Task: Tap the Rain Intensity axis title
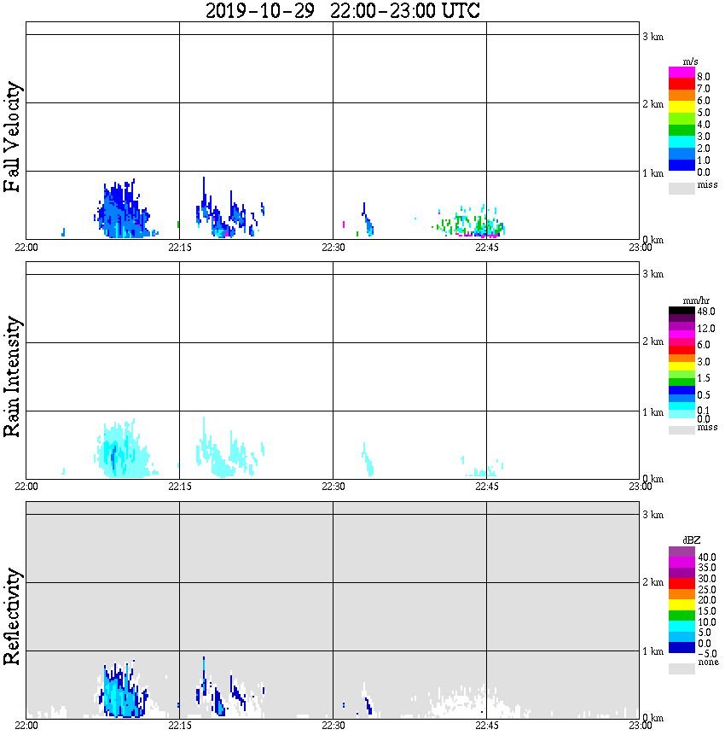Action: [x=12, y=376]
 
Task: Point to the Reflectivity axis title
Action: [x=12, y=619]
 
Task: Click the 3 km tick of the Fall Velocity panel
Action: [x=652, y=35]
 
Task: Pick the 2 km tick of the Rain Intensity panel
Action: [x=652, y=342]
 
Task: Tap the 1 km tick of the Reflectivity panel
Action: [x=652, y=651]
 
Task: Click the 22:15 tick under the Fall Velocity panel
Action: [x=179, y=247]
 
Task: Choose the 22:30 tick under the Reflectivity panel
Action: [x=333, y=726]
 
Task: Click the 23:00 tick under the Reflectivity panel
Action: [x=640, y=726]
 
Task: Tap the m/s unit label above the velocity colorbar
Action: [x=691, y=61]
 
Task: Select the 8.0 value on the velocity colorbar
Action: [x=703, y=77]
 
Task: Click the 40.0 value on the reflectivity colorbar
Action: [x=706, y=557]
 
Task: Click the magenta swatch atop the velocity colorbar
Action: [x=681, y=73]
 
